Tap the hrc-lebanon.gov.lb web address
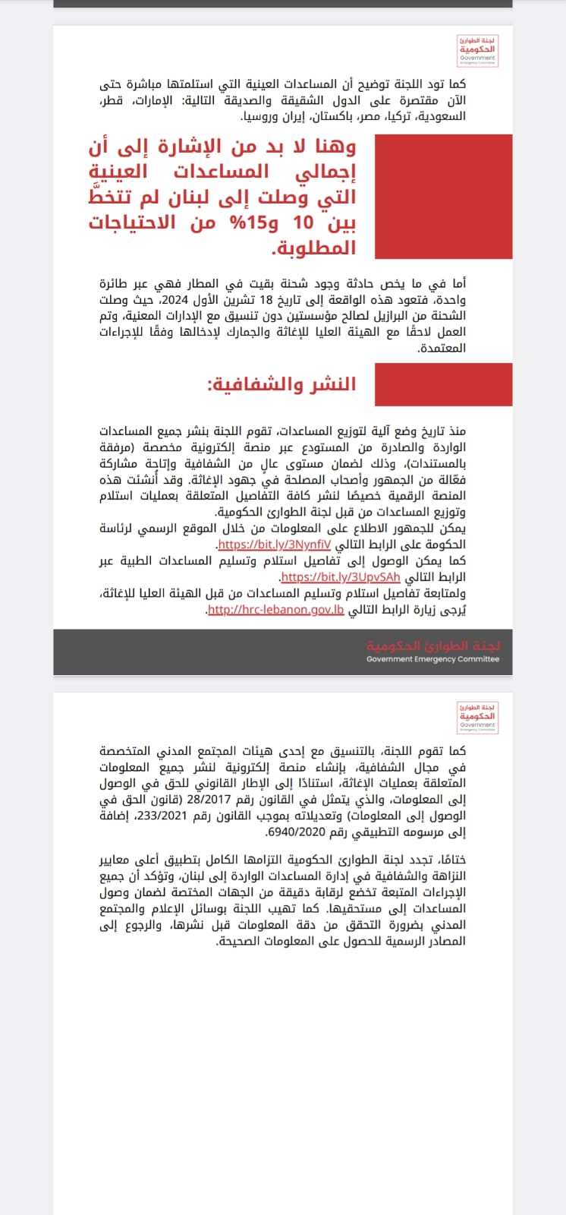[275, 610]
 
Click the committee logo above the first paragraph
[477, 51]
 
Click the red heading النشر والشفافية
[281, 384]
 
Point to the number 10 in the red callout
[303, 222]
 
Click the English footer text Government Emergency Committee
[432, 659]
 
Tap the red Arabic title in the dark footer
[433, 645]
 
